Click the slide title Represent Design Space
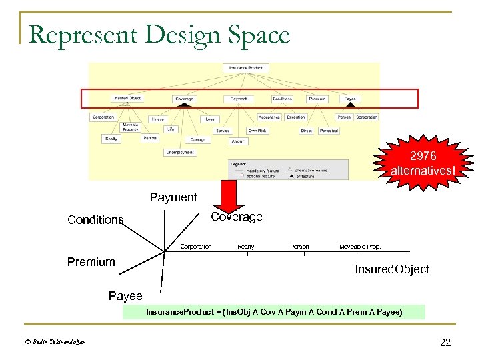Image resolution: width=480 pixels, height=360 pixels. [159, 34]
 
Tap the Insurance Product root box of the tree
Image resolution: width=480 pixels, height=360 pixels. [245, 68]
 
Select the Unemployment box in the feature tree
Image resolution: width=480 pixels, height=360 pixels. [180, 153]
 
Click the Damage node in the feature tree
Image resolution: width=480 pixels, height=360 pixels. [198, 140]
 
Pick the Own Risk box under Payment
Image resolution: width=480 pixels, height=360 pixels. [257, 131]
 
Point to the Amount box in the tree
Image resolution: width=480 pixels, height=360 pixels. [239, 141]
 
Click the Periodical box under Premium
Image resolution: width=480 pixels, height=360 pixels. [329, 131]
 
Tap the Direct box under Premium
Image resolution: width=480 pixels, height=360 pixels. [306, 131]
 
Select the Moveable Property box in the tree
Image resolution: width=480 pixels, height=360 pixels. [131, 127]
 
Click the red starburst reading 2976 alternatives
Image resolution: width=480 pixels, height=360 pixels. [423, 162]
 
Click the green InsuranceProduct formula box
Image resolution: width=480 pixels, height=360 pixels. [273, 311]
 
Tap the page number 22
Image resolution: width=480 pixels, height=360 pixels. [445, 343]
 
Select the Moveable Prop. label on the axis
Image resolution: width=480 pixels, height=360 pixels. [360, 247]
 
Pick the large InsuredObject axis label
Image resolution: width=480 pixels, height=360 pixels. [391, 269]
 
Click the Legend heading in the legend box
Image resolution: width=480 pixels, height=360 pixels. [239, 163]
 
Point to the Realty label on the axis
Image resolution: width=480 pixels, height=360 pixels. [246, 247]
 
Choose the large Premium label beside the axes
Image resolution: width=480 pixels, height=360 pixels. [91, 262]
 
